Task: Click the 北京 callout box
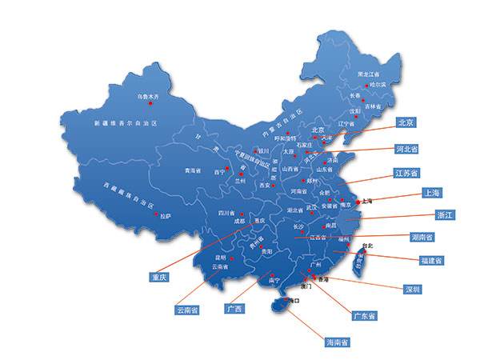click(x=405, y=123)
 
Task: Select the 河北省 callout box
click(x=408, y=148)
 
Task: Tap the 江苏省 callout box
click(x=409, y=172)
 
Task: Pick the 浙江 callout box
click(x=422, y=215)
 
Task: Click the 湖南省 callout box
click(x=422, y=237)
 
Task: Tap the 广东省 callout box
click(x=365, y=315)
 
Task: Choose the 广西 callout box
click(x=234, y=308)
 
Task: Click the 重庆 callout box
click(x=158, y=278)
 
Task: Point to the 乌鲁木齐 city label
click(x=147, y=97)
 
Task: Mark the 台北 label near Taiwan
click(x=368, y=245)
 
